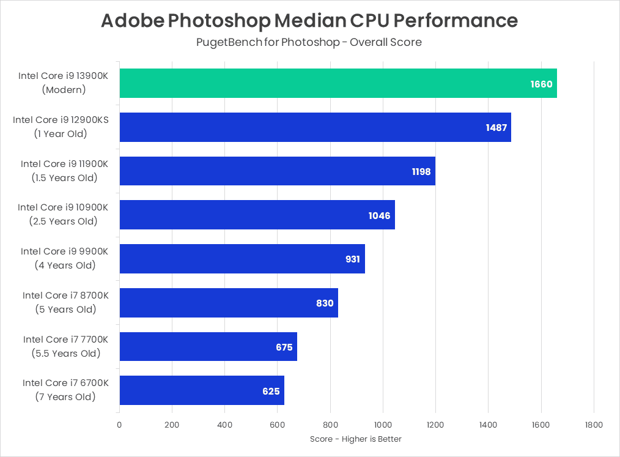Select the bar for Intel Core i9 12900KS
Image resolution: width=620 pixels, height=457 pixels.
tap(315, 127)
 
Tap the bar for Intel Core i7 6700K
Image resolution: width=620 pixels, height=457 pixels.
tap(202, 390)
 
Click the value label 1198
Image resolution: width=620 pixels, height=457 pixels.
tap(421, 171)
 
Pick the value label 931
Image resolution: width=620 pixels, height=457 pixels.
tap(353, 259)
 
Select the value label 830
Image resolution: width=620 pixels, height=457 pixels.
tap(325, 303)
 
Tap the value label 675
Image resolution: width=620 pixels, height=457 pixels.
tap(284, 347)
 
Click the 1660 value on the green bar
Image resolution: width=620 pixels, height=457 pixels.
tap(541, 84)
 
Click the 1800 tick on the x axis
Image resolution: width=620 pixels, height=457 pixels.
tap(593, 425)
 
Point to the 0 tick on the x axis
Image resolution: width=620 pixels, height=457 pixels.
tap(119, 425)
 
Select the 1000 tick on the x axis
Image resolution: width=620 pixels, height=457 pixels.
tap(383, 425)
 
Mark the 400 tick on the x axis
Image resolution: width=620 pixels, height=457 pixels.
tap(224, 425)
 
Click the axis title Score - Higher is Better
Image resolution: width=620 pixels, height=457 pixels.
tap(356, 439)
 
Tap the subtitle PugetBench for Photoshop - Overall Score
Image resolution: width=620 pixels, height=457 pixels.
tap(309, 42)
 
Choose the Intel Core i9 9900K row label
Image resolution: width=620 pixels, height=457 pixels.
tap(64, 251)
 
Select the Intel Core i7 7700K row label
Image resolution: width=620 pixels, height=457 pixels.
tap(65, 340)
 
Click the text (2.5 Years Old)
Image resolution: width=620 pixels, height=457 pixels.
tap(63, 221)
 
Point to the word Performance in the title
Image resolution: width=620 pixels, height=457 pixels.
tap(456, 21)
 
